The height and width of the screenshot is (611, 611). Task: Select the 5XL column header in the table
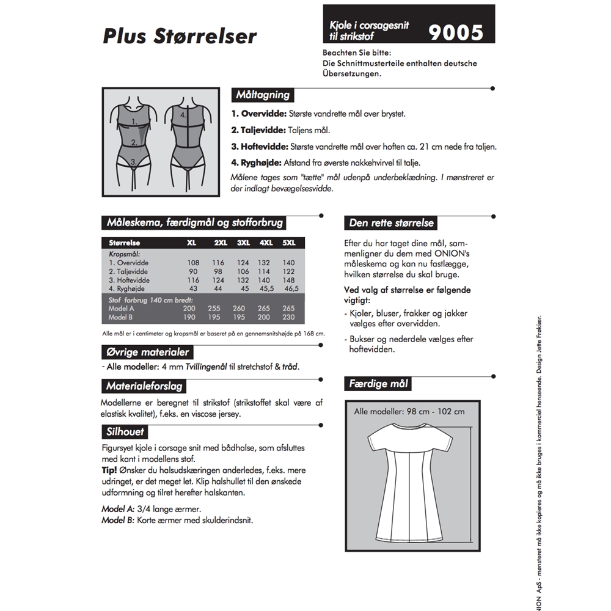(x=289, y=243)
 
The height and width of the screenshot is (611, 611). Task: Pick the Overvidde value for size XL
(x=193, y=263)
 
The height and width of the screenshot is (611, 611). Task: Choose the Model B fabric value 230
(x=289, y=318)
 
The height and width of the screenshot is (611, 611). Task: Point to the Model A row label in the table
(x=121, y=309)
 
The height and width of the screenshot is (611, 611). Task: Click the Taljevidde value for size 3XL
(x=243, y=271)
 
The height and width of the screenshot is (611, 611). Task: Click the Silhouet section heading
(x=125, y=431)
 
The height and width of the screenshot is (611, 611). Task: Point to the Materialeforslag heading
(x=144, y=386)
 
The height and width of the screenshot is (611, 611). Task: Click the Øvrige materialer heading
(x=147, y=353)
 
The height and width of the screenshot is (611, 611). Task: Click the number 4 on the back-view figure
(x=183, y=114)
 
